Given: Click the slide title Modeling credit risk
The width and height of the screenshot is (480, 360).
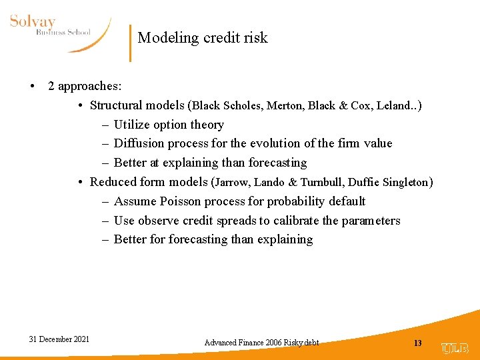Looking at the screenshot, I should pos(203,38).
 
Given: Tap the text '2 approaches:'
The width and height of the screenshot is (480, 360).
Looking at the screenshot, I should pos(84,86).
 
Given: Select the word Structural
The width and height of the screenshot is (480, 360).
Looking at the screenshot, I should pos(115,105).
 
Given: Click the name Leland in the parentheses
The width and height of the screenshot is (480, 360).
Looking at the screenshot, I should pos(394,105).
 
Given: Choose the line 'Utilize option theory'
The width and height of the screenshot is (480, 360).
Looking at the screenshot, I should pos(169,125).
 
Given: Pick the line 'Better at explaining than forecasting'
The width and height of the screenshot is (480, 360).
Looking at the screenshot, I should pos(210,163).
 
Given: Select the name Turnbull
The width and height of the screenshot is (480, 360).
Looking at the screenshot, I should pos(325,182).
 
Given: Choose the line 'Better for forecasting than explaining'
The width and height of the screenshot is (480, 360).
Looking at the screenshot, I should pos(213,239).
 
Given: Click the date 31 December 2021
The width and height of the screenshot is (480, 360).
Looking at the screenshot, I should pos(59,339).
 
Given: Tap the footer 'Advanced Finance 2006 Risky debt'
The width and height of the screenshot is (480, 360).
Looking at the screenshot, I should pos(261,343).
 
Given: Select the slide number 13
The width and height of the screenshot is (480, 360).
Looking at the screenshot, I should pos(418,343).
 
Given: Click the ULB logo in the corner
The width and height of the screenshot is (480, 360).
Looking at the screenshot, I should pos(455,348).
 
